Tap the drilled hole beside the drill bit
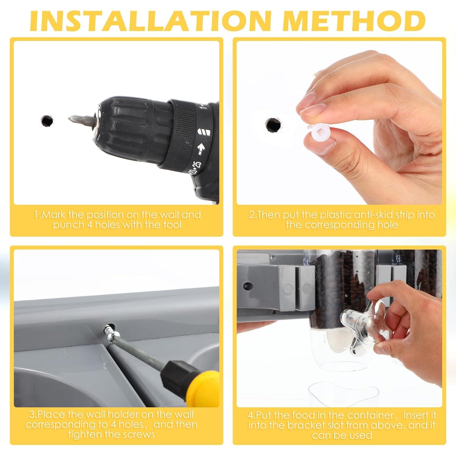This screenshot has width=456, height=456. [x=47, y=121]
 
